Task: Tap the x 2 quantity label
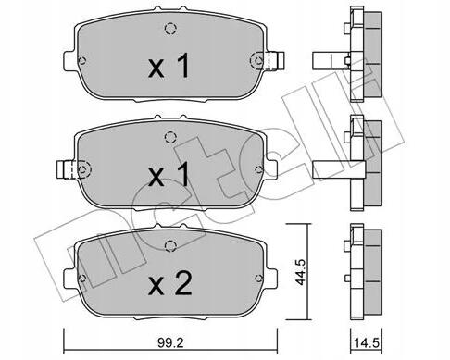click(x=170, y=284)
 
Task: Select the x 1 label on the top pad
click(x=169, y=66)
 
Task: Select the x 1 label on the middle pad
click(x=169, y=175)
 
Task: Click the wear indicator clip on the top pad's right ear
click(x=274, y=60)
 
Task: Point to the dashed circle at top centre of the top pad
click(x=170, y=29)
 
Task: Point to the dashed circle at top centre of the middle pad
click(x=169, y=137)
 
